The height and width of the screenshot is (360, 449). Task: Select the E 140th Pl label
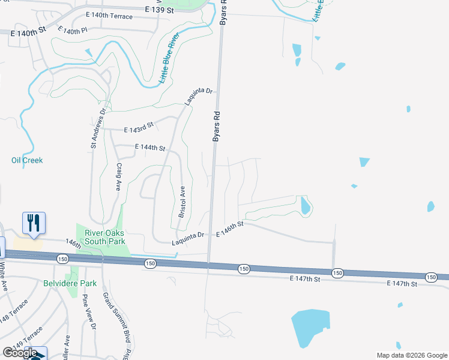73,30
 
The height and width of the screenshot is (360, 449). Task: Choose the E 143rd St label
139,128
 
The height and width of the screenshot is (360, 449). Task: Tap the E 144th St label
150,147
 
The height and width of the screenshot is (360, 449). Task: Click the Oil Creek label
27,160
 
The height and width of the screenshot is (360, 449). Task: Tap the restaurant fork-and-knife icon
32,223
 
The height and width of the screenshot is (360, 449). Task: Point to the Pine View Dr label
89,312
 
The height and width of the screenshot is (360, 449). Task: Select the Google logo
20,353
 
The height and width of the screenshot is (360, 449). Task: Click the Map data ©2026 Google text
411,355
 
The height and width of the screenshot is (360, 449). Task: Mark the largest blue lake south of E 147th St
309,327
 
